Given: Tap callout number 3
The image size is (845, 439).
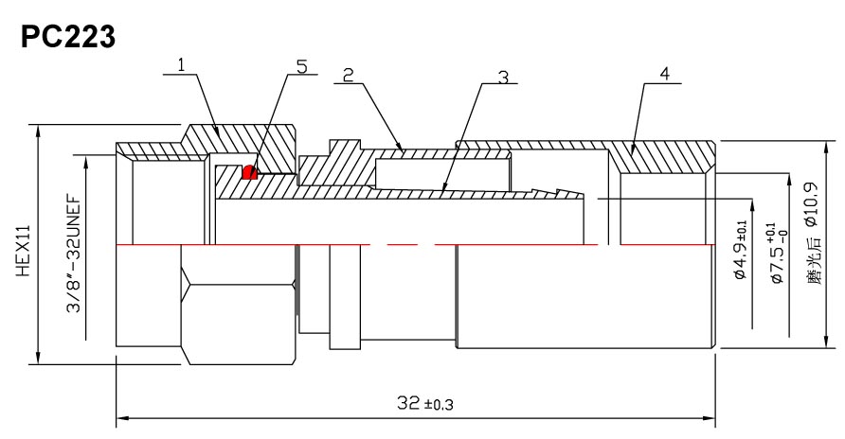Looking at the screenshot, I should pyautogui.click(x=502, y=76).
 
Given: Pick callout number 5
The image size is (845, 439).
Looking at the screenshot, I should pyautogui.click(x=301, y=65).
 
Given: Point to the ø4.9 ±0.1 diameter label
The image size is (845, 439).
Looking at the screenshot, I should pyautogui.click(x=740, y=249).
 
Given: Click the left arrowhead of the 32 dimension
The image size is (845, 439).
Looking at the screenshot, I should pyautogui.click(x=121, y=416).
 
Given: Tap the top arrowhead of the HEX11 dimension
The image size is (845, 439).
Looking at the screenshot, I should pyautogui.click(x=38, y=129).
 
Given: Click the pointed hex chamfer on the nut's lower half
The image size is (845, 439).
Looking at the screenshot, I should pyautogui.click(x=188, y=283).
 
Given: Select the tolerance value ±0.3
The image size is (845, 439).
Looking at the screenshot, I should pyautogui.click(x=440, y=406).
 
